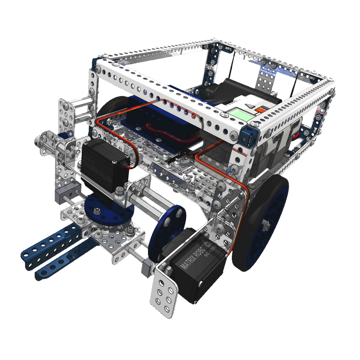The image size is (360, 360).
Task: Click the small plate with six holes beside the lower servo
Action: (164, 292)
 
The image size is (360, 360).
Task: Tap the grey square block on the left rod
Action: (61, 196)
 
